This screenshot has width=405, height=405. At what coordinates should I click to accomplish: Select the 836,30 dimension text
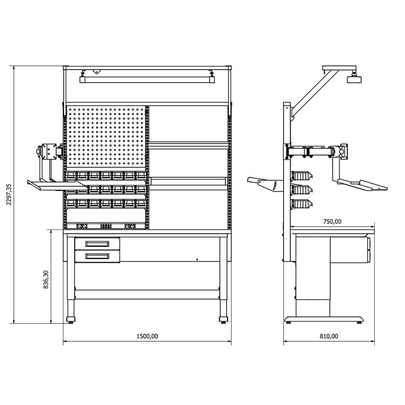click(x=47, y=279)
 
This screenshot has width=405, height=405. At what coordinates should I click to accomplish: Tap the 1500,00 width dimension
click(x=147, y=336)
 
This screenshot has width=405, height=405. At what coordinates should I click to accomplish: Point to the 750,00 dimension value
click(x=332, y=221)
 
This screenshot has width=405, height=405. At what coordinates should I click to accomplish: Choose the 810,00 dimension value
click(x=329, y=336)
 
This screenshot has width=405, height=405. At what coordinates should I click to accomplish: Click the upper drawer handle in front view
click(x=97, y=243)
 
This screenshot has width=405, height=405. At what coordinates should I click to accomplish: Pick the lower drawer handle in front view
click(x=97, y=256)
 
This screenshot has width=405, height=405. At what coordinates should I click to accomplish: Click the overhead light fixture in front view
click(x=147, y=79)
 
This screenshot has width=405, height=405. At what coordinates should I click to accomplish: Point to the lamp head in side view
click(x=354, y=79)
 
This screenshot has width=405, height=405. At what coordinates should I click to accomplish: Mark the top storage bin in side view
click(x=301, y=175)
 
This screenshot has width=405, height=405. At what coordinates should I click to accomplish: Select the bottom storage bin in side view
click(x=301, y=204)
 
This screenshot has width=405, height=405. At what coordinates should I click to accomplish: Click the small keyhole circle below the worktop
click(x=197, y=259)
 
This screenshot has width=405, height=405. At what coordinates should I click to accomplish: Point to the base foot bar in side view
click(x=324, y=319)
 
